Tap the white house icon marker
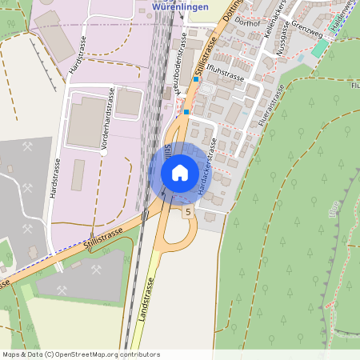point(179,172)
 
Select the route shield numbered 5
point(188,212)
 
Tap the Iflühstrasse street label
point(224,74)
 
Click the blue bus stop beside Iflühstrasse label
point(195,79)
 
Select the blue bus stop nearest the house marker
point(186,113)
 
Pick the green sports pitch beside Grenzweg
point(321,49)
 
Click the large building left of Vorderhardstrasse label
point(84,120)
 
